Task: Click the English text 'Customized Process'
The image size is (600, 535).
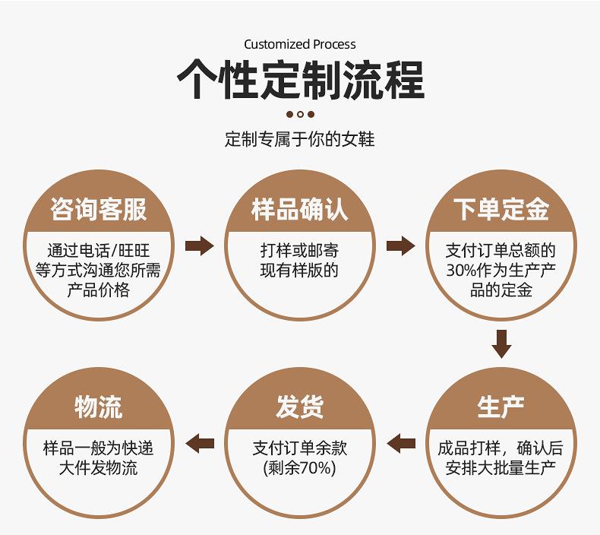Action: (x=300, y=44)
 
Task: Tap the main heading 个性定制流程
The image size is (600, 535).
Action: (x=301, y=80)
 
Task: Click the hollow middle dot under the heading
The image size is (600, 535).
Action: (x=301, y=114)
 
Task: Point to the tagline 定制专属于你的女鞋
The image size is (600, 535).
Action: (x=299, y=138)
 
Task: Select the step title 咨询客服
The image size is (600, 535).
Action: (x=99, y=210)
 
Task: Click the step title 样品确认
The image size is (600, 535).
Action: (x=299, y=210)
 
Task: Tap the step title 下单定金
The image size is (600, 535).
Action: (x=501, y=210)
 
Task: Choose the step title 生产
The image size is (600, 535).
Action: (x=501, y=407)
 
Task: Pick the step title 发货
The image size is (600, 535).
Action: (x=299, y=407)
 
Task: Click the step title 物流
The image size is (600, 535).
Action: (x=99, y=407)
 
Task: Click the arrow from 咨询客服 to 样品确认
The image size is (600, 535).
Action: (x=199, y=246)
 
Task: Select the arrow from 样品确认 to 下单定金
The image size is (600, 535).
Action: (x=401, y=246)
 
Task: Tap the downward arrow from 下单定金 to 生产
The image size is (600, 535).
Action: (x=501, y=344)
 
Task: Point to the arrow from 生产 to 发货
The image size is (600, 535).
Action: (x=401, y=444)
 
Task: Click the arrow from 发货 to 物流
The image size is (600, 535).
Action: (x=199, y=444)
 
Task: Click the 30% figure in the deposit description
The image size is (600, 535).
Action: (x=461, y=271)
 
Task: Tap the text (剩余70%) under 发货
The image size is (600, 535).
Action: (x=299, y=468)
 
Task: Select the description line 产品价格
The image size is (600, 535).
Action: (x=99, y=290)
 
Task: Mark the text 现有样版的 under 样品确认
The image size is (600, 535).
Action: (x=299, y=271)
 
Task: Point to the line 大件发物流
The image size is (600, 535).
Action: (x=98, y=468)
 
